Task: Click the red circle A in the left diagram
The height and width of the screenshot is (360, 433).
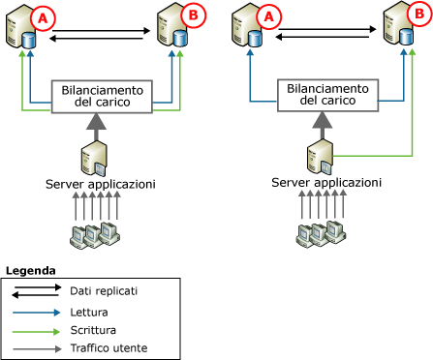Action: (x=42, y=17)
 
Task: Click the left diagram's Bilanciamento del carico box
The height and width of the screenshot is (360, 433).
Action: (x=102, y=94)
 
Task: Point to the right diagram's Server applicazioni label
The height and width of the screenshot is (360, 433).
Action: (x=320, y=184)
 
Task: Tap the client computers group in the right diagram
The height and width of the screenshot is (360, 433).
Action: (x=322, y=233)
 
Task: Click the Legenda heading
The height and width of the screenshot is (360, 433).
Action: (x=31, y=269)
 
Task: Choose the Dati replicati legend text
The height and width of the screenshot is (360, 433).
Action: (x=104, y=290)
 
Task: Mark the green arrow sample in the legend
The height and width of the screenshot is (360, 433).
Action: (x=35, y=329)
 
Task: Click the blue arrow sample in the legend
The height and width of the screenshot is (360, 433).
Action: (x=35, y=312)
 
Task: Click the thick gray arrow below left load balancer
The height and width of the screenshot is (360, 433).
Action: (x=97, y=124)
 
